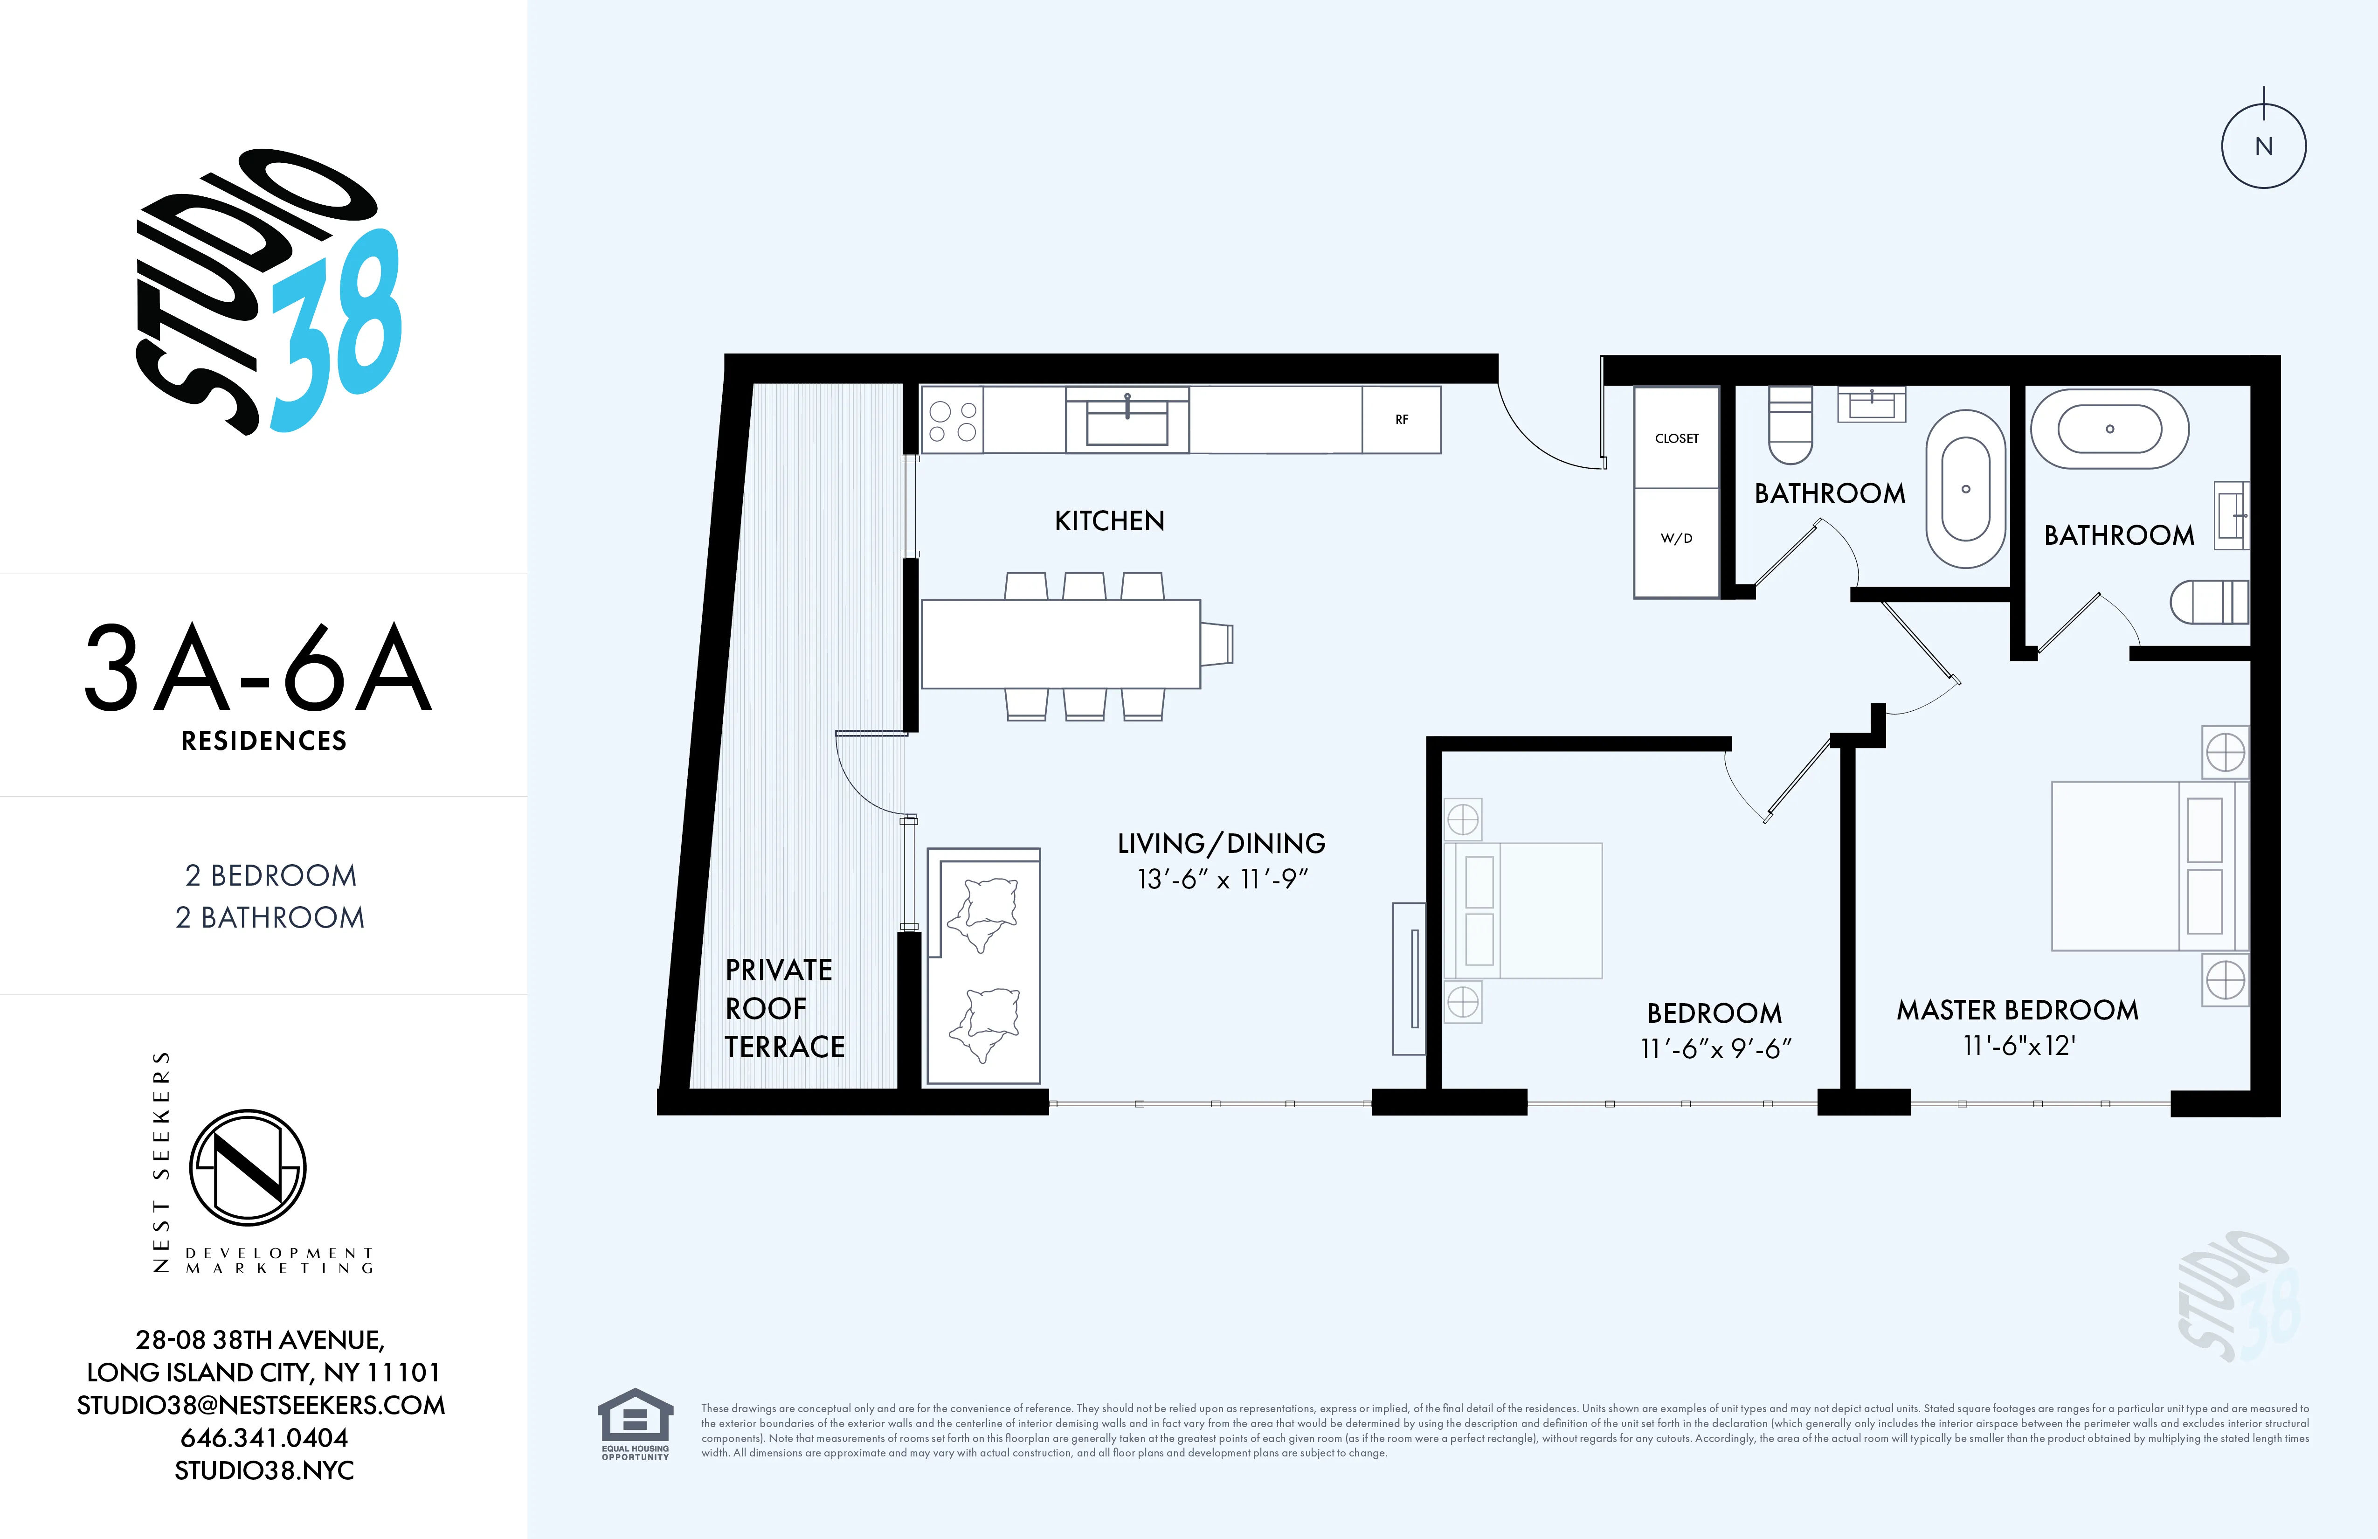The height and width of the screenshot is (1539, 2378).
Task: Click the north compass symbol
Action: point(2263,146)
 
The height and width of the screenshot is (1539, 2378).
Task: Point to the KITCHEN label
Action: point(1109,520)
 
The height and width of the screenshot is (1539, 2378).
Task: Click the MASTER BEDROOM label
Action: point(2017,1010)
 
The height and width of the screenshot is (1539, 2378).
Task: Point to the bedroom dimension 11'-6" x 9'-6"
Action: point(1714,1048)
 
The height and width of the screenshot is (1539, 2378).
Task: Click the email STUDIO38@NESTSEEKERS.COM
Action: point(261,1405)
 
